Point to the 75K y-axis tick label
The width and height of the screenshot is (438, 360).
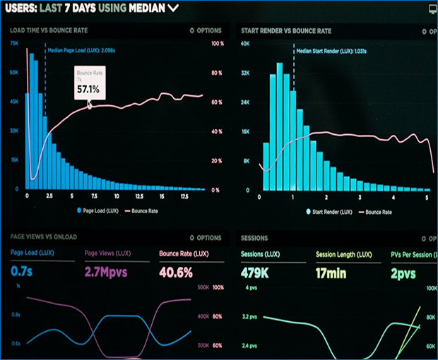(14, 43)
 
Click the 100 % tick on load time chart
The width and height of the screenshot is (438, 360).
(218, 43)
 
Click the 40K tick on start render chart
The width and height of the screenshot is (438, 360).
(246, 43)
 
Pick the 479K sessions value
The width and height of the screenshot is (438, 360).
(256, 271)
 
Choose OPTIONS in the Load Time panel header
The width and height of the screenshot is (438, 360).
(206, 31)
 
